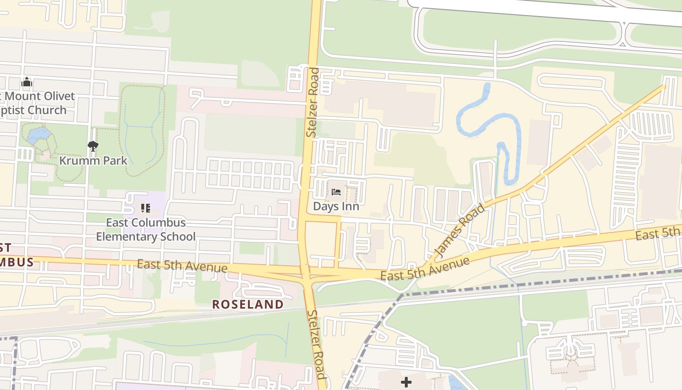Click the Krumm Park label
coord(93,160)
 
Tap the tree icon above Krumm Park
coord(93,146)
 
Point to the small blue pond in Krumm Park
coord(38,135)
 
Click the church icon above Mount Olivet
coord(27,82)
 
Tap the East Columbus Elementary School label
coord(146,230)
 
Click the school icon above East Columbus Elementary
coord(145,209)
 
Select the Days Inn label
coord(336,206)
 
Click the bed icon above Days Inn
coord(336,192)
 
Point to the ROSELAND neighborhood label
coord(248,305)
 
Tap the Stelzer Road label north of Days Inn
coord(312,102)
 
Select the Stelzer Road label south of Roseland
coord(316,344)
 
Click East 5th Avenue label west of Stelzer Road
coord(182,266)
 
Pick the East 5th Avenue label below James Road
coord(425,269)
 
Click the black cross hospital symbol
coord(406,382)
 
